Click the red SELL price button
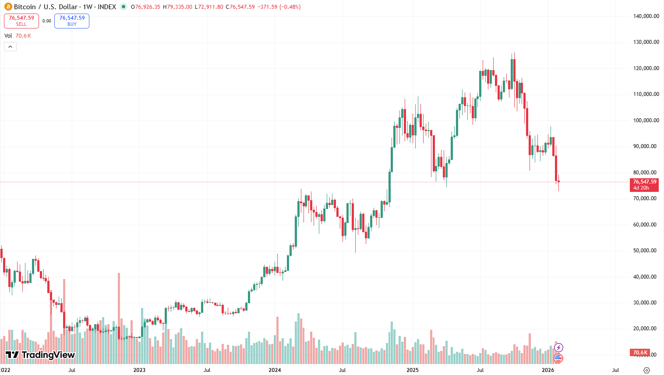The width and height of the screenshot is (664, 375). point(21,21)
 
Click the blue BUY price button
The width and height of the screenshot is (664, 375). point(72,21)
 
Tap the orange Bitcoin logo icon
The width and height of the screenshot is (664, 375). point(8,7)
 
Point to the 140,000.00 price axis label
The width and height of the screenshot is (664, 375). point(646,16)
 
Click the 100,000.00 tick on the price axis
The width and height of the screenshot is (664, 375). point(646,120)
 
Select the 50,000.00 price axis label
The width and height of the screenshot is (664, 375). point(646,251)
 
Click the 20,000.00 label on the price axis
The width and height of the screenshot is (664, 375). point(646,329)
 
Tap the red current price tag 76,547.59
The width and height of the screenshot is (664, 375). point(645,184)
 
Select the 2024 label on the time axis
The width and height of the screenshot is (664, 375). point(275,370)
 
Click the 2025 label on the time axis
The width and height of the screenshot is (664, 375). point(412,370)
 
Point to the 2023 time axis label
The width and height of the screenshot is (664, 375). point(139,370)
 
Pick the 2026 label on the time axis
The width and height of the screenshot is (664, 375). point(548,370)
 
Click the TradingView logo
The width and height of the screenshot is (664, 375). point(40,355)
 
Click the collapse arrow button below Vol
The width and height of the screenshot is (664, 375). point(11,46)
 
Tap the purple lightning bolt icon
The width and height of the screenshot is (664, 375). point(558,347)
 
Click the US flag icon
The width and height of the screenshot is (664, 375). point(558,358)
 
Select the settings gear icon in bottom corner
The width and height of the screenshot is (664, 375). point(646,370)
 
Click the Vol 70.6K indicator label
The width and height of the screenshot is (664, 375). point(18,36)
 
